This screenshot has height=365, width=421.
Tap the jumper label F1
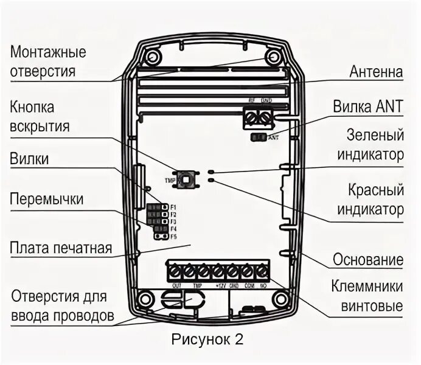click(173, 207)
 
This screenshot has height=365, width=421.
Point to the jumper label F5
click(173, 236)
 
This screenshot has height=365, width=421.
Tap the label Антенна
click(376, 72)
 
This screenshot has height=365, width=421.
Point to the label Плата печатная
click(61, 248)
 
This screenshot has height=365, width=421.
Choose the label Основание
click(367, 260)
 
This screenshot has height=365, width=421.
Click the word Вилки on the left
click(29, 159)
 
